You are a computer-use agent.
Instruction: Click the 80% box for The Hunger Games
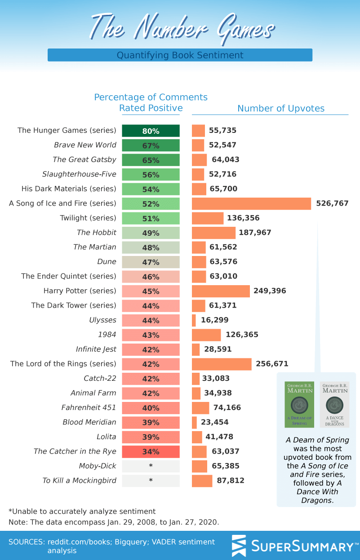151,131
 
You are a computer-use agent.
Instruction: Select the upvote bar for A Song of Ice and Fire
251,203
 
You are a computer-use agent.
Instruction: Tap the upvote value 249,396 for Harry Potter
270,291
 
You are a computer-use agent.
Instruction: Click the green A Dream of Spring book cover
299,404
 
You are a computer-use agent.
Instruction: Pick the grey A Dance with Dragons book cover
334,404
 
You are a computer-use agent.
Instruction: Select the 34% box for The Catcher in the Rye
151,451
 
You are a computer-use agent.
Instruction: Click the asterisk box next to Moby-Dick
151,466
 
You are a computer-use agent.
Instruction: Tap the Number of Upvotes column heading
281,108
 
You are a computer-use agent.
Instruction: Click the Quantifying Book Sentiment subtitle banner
180,55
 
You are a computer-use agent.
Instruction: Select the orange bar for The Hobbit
213,233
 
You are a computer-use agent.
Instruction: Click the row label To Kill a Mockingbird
79,481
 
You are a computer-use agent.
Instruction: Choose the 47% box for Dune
151,262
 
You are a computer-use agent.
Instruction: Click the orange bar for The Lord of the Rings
222,364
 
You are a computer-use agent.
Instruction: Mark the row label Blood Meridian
89,422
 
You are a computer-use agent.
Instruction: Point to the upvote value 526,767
332,203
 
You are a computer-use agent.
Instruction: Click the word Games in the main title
245,28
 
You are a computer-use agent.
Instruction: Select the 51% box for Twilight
151,218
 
